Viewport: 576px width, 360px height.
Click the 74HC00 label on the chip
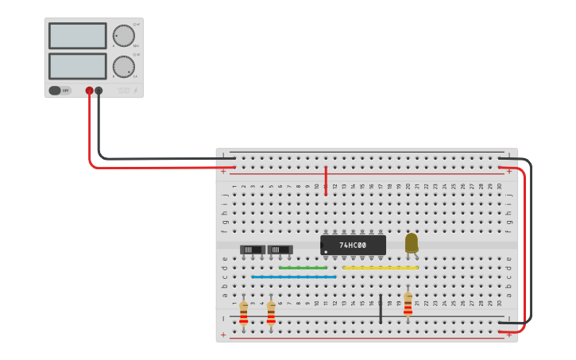coord(353,245)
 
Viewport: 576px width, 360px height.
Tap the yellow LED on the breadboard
coord(411,242)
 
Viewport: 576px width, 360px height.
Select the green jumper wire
coord(303,268)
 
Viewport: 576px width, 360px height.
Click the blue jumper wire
coord(293,277)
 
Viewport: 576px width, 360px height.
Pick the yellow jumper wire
coord(380,268)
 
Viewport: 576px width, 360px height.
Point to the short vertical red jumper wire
coord(326,180)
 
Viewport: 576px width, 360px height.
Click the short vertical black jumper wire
coord(381,308)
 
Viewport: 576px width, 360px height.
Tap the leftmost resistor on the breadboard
coord(244,312)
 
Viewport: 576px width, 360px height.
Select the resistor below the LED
coord(408,303)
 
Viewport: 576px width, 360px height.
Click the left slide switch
coord(252,250)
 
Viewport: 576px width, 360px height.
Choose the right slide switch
coord(280,250)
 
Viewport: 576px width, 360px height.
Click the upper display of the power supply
coord(77,36)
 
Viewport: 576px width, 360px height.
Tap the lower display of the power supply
coord(77,66)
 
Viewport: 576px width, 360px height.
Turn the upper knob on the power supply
coord(123,36)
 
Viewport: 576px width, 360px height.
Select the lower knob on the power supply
coord(123,66)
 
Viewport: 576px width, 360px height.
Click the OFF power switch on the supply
coord(60,91)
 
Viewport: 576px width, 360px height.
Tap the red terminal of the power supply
coord(89,91)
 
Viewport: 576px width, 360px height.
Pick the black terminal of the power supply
coord(99,91)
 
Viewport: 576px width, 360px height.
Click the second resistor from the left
coord(271,313)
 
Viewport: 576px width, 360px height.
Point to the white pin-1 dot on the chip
coord(326,252)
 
